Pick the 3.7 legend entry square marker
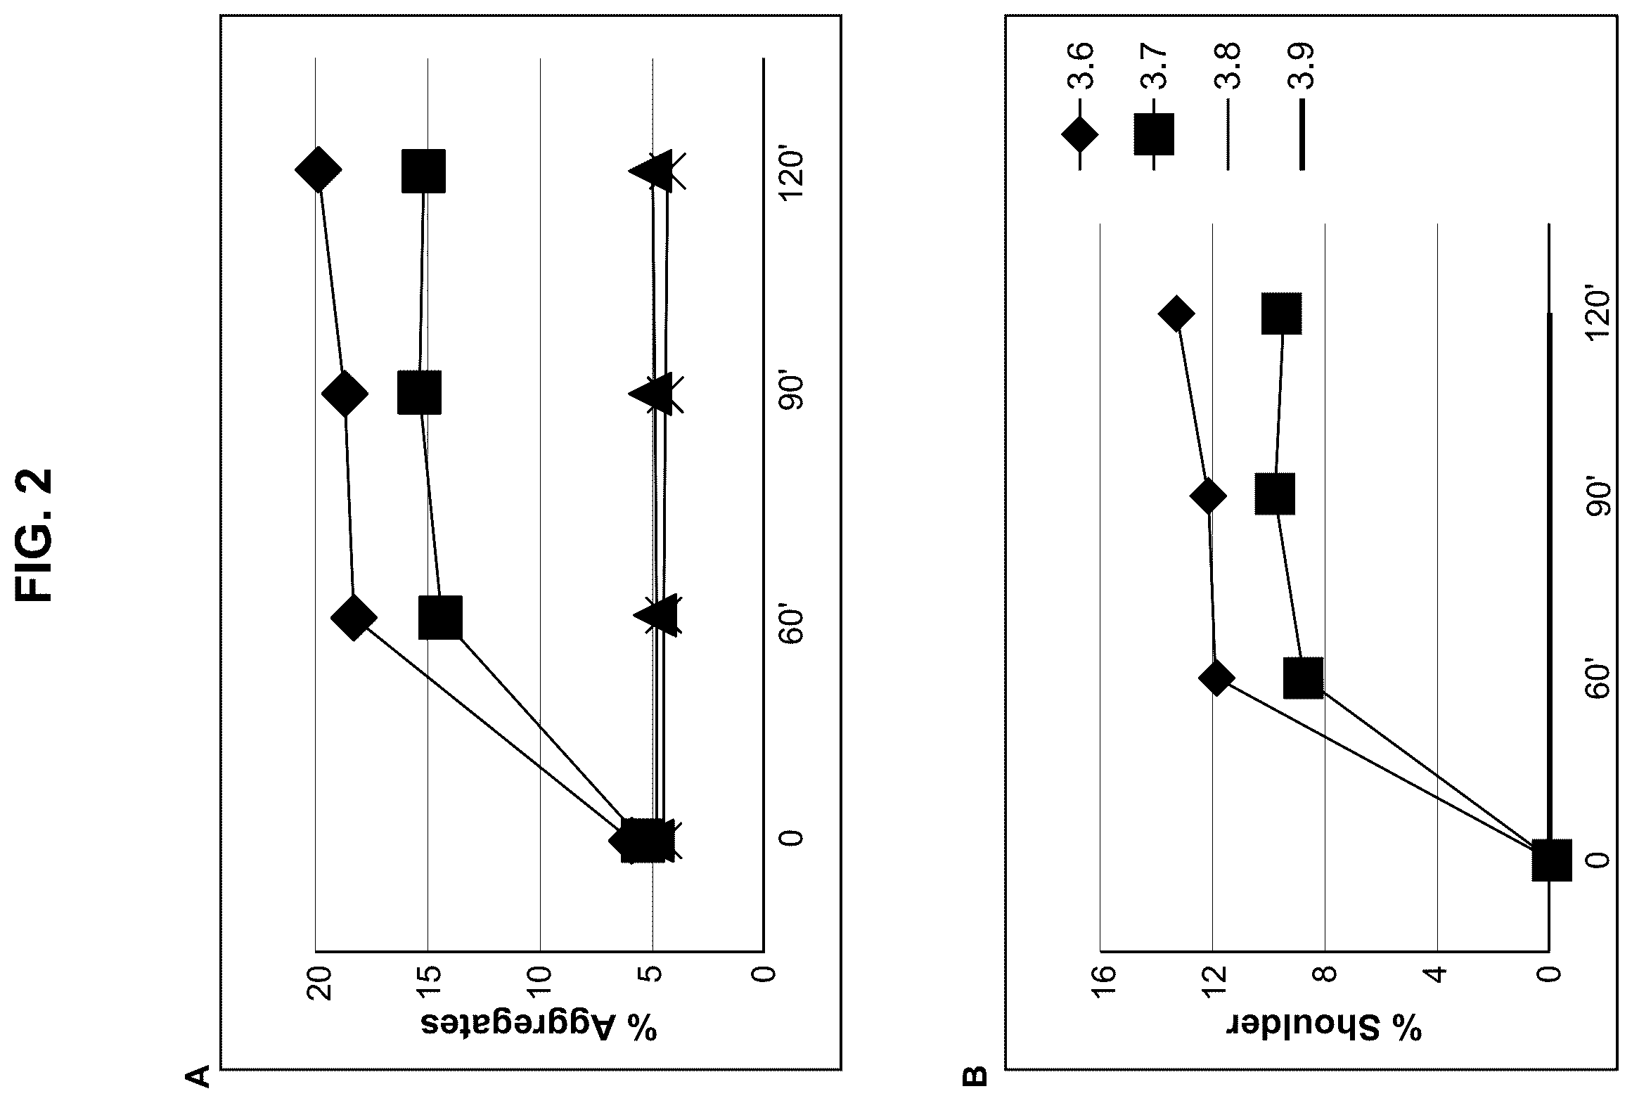(x=1154, y=134)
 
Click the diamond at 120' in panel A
(x=319, y=169)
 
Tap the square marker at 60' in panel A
(x=440, y=617)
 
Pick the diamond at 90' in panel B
(x=1208, y=496)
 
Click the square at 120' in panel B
(x=1281, y=314)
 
